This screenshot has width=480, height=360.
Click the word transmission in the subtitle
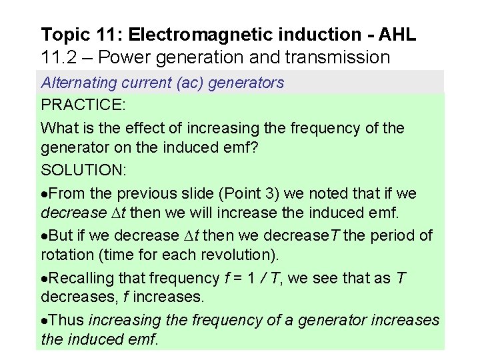[x=343, y=57]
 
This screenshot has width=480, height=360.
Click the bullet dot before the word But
[x=45, y=236]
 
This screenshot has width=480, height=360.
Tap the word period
[x=394, y=235]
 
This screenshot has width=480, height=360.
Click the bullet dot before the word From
[x=45, y=193]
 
